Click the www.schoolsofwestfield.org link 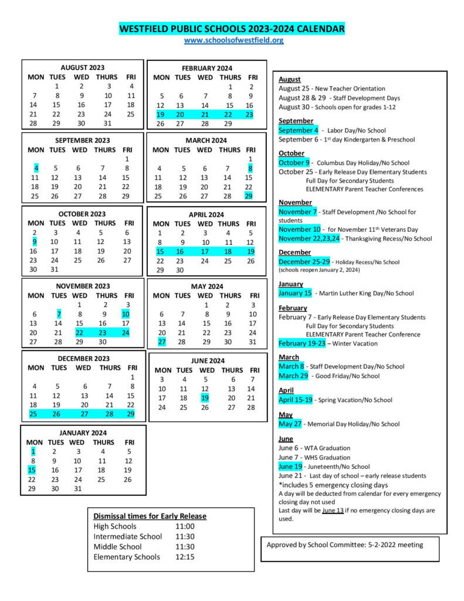click(x=233, y=40)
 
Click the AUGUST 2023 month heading click(x=82, y=67)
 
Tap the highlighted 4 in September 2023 click(x=36, y=168)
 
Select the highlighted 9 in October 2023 click(x=35, y=241)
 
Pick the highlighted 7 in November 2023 click(x=58, y=314)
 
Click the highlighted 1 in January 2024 click(x=33, y=451)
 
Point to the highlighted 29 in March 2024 click(x=249, y=196)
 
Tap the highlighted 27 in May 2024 click(x=162, y=342)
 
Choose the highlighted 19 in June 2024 click(x=205, y=398)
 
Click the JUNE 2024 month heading click(x=208, y=360)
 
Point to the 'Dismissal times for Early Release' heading click(x=150, y=516)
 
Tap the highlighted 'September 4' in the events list click(x=299, y=130)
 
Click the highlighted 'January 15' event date click(x=295, y=293)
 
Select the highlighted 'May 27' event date click(x=290, y=424)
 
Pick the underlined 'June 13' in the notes click(x=332, y=511)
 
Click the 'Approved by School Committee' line click(x=344, y=545)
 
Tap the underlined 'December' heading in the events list click(x=294, y=252)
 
